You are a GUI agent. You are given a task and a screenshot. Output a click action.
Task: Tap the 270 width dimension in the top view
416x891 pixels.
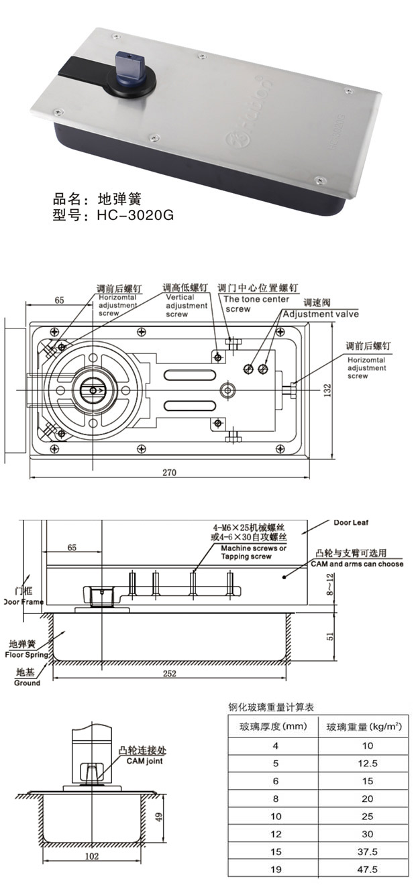(169, 472)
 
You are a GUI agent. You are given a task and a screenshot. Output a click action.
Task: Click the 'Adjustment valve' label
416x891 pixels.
(320, 314)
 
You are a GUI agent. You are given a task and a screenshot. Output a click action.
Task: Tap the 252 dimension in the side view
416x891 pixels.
(169, 674)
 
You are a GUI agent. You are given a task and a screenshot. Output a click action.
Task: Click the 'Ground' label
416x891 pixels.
(27, 682)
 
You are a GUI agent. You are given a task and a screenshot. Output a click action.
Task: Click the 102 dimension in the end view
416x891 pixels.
(92, 856)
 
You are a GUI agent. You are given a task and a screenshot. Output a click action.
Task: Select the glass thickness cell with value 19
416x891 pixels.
(274, 869)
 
